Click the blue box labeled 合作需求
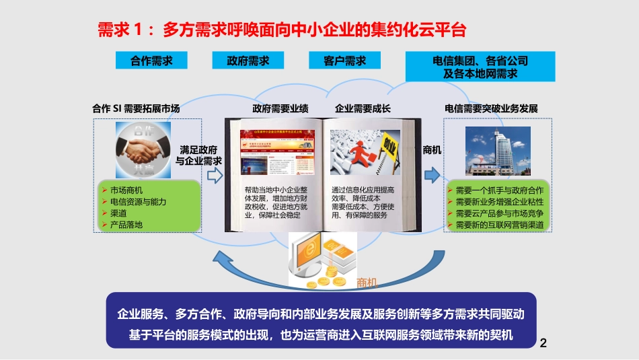pyautogui.click(x=151, y=61)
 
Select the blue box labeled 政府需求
pyautogui.click(x=250, y=61)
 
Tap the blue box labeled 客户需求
pyautogui.click(x=345, y=61)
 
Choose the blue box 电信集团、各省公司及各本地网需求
pyautogui.click(x=480, y=67)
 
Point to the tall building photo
pyautogui.click(x=498, y=151)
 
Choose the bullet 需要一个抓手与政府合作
pyautogui.click(x=499, y=190)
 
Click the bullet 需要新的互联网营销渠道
pyautogui.click(x=499, y=225)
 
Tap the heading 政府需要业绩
pyautogui.click(x=280, y=108)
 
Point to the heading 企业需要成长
pyautogui.click(x=363, y=108)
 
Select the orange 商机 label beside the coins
pyautogui.click(x=368, y=283)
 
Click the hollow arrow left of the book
pyautogui.click(x=215, y=176)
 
